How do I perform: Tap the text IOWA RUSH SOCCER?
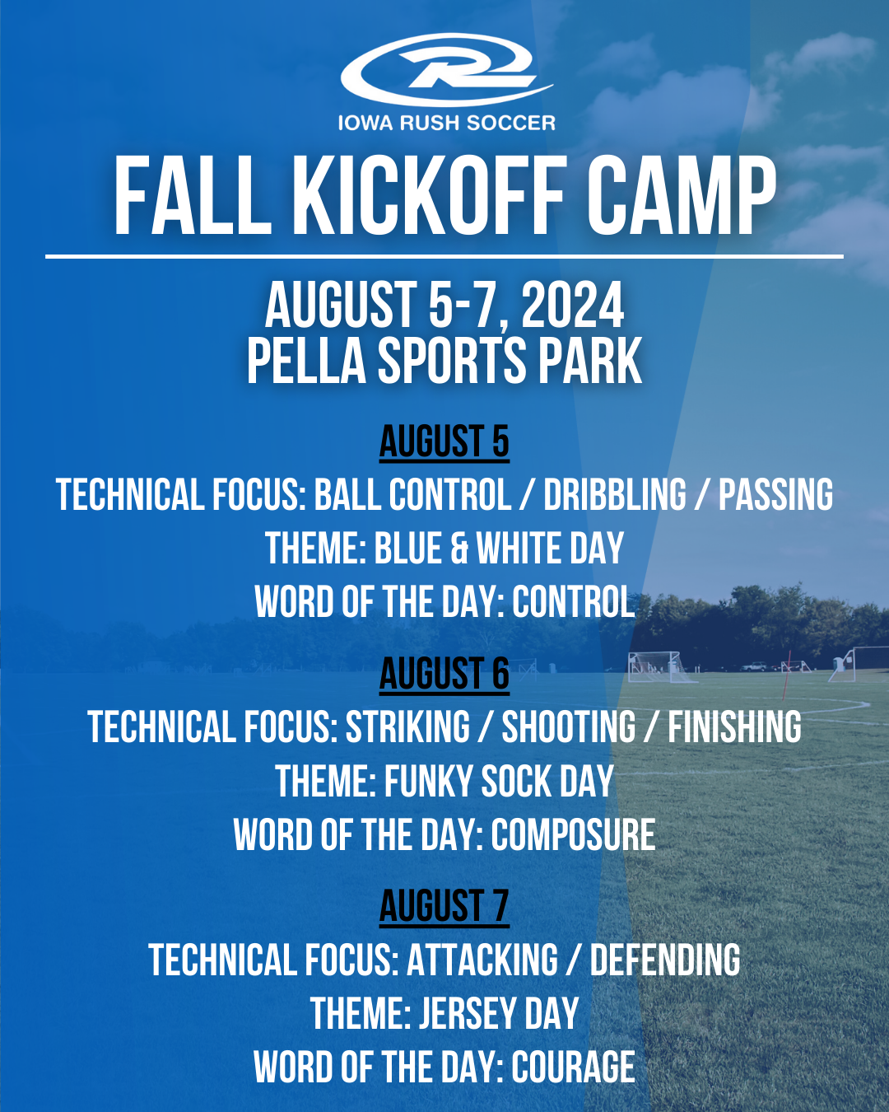446,124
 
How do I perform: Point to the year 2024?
573,306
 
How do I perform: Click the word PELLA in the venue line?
305,361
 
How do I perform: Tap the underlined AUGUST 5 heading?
444,442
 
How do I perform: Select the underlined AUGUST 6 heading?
444,675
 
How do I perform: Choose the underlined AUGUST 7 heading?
444,907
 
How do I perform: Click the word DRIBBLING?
615,495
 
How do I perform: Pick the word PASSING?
775,495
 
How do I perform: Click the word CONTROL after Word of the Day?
574,602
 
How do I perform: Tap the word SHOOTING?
569,727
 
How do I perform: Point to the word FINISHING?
734,727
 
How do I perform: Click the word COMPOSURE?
574,835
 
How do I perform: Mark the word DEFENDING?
665,960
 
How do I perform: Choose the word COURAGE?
574,1068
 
